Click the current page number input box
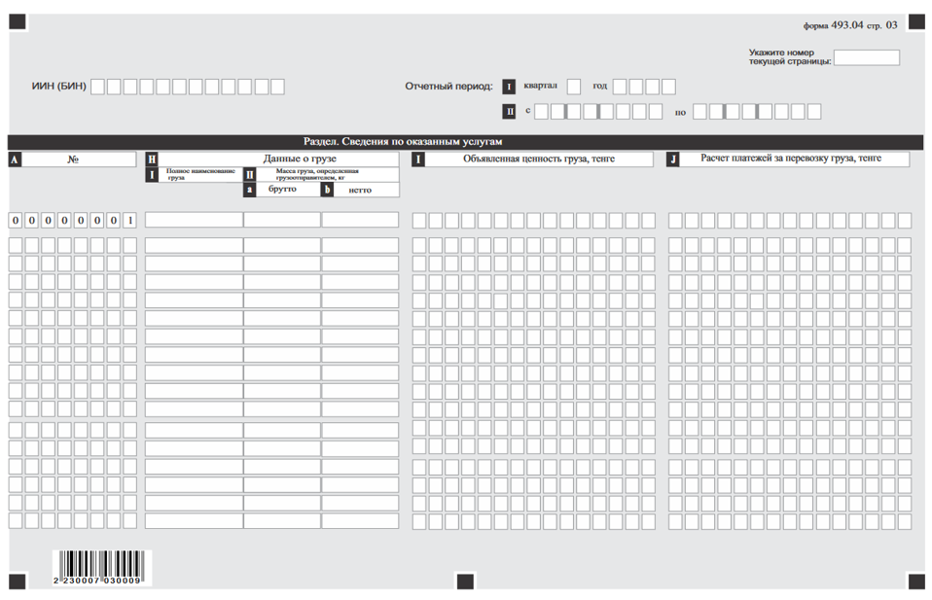(x=867, y=57)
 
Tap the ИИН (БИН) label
(x=59, y=87)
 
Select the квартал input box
(x=574, y=87)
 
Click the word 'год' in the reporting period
(x=599, y=86)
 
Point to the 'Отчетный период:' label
(x=448, y=87)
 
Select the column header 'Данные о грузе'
(x=300, y=159)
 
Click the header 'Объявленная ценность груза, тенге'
(x=538, y=159)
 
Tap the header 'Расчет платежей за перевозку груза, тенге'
(x=791, y=159)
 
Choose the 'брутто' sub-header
(x=282, y=190)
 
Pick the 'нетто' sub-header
(x=360, y=190)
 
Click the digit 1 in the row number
(x=129, y=220)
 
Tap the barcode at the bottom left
(x=101, y=566)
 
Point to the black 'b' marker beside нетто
(x=328, y=190)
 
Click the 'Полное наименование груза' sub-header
(x=200, y=174)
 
